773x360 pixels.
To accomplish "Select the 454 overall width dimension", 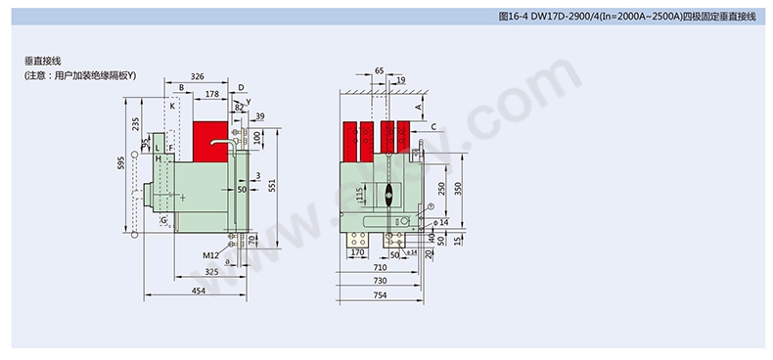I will click(x=198, y=291).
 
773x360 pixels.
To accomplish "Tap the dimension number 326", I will click(x=197, y=75).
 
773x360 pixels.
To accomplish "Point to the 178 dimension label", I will click(x=212, y=94).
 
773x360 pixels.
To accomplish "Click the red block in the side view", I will click(x=208, y=141).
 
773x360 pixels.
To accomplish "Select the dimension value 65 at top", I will click(x=380, y=70).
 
